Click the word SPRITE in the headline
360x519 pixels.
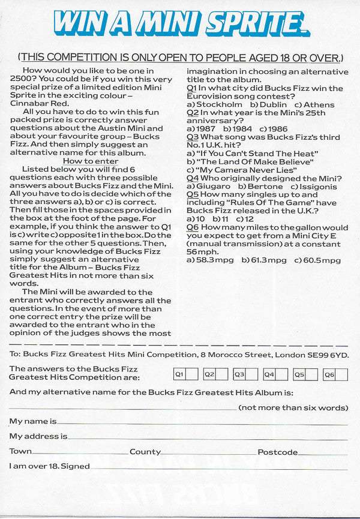coord(251,24)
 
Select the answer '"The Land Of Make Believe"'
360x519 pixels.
coord(250,162)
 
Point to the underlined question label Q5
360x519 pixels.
coord(193,195)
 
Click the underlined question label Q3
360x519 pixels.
coord(193,137)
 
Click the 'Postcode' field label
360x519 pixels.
coord(277,452)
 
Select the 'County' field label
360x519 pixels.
coord(145,452)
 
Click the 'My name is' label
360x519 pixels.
coord(33,422)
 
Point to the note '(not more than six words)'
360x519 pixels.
coord(293,407)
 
